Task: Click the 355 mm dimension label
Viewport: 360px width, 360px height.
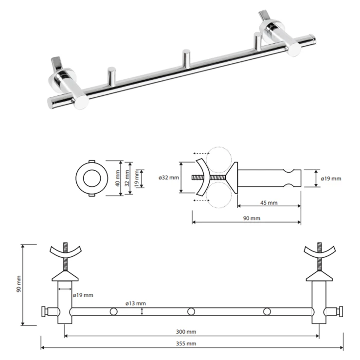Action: click(186, 343)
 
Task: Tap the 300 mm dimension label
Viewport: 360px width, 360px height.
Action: click(186, 331)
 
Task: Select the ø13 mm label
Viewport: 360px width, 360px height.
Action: click(135, 303)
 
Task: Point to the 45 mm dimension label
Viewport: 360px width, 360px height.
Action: click(269, 203)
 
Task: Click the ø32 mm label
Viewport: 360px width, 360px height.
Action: click(169, 178)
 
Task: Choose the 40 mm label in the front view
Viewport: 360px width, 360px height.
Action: click(118, 178)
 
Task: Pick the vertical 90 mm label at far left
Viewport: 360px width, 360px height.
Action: click(18, 284)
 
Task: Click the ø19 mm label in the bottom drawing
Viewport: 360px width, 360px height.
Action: click(83, 295)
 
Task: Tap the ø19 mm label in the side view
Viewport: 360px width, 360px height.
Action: click(331, 179)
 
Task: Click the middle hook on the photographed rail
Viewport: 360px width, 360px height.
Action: click(186, 58)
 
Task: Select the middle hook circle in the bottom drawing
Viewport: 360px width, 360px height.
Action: click(191, 311)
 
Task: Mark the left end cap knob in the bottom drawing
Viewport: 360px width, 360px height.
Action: click(45, 311)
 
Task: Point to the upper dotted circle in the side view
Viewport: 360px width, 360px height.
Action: click(218, 160)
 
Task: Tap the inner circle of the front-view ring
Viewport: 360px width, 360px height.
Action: click(92, 178)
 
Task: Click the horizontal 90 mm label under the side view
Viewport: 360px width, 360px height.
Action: click(252, 218)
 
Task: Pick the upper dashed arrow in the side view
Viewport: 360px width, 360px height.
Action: click(201, 153)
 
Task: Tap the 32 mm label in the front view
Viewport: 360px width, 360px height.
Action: click(127, 178)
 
